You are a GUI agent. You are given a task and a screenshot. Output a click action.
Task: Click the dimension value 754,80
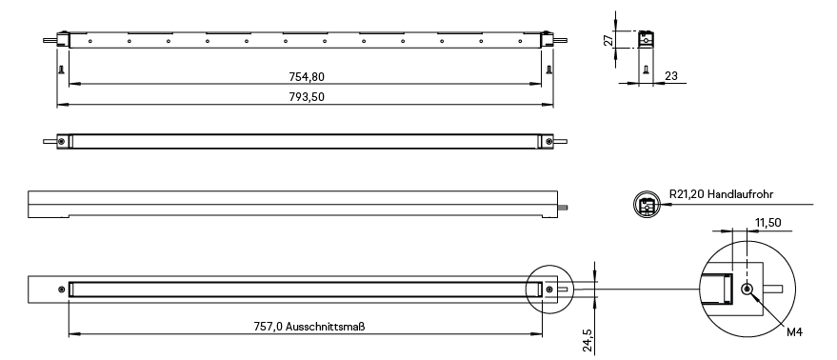[307, 77]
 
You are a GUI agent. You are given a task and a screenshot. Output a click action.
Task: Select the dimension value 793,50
[307, 97]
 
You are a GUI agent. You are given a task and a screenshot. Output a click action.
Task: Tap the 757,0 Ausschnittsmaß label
[309, 327]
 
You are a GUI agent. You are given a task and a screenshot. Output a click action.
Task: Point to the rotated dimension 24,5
[588, 340]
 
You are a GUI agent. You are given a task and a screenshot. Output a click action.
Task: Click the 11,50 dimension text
[767, 223]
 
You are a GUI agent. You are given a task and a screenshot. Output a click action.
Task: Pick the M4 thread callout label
[794, 332]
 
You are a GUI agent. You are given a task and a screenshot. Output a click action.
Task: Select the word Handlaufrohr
[740, 194]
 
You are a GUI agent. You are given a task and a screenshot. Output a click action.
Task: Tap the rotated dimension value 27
[608, 40]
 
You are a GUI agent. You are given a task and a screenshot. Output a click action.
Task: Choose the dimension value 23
[671, 76]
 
